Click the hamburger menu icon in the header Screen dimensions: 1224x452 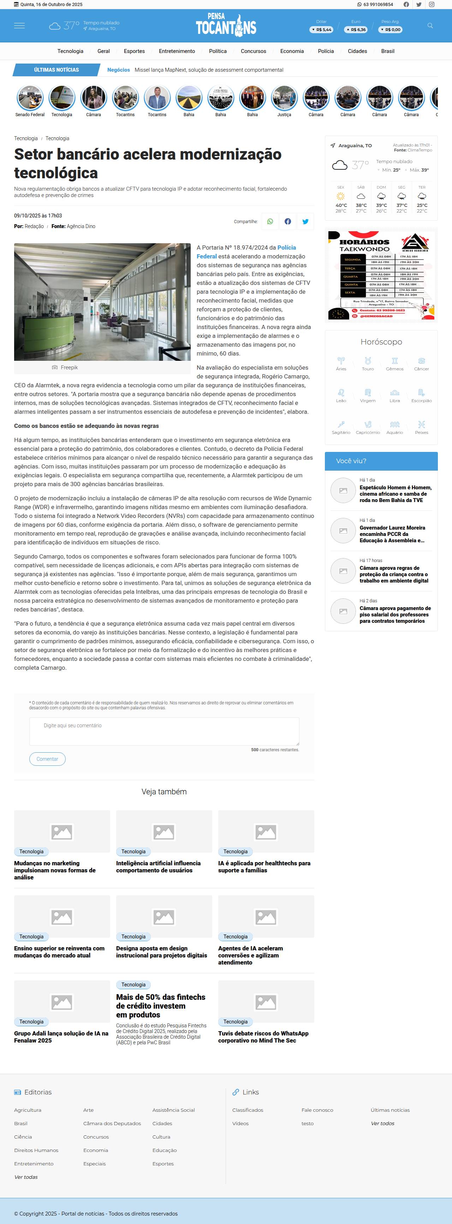point(19,26)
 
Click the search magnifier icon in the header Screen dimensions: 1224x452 point(430,26)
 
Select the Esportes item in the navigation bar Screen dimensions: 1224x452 point(134,51)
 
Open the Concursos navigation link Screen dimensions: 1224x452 point(253,51)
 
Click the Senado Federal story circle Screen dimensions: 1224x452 point(30,98)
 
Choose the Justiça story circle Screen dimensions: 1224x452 point(284,98)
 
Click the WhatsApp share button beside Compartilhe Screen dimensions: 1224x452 point(270,221)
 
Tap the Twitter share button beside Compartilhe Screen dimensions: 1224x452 point(305,221)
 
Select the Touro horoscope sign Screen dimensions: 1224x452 point(368,364)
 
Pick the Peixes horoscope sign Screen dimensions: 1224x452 point(422,427)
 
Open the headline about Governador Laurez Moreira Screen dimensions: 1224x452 point(392,534)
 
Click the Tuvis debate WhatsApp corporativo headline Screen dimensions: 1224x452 point(263,1037)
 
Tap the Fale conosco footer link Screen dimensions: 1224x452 point(317,1110)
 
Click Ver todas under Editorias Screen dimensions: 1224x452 point(26,1177)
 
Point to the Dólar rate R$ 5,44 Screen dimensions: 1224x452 point(322,29)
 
